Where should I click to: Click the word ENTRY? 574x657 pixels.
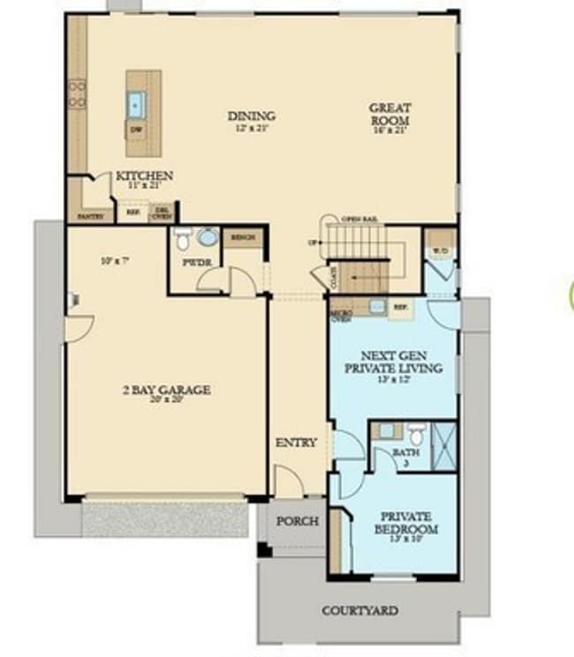[x=296, y=443]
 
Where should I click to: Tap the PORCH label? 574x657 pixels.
[x=297, y=521]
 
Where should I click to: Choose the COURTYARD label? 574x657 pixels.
[x=359, y=610]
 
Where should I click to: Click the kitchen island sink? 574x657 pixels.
[x=136, y=105]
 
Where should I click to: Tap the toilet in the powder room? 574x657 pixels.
[x=183, y=238]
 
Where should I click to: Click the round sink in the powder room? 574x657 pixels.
[x=208, y=237]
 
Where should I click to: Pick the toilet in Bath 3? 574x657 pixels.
[x=417, y=434]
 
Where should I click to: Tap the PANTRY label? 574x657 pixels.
[x=91, y=215]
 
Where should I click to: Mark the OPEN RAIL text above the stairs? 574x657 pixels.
[x=359, y=218]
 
